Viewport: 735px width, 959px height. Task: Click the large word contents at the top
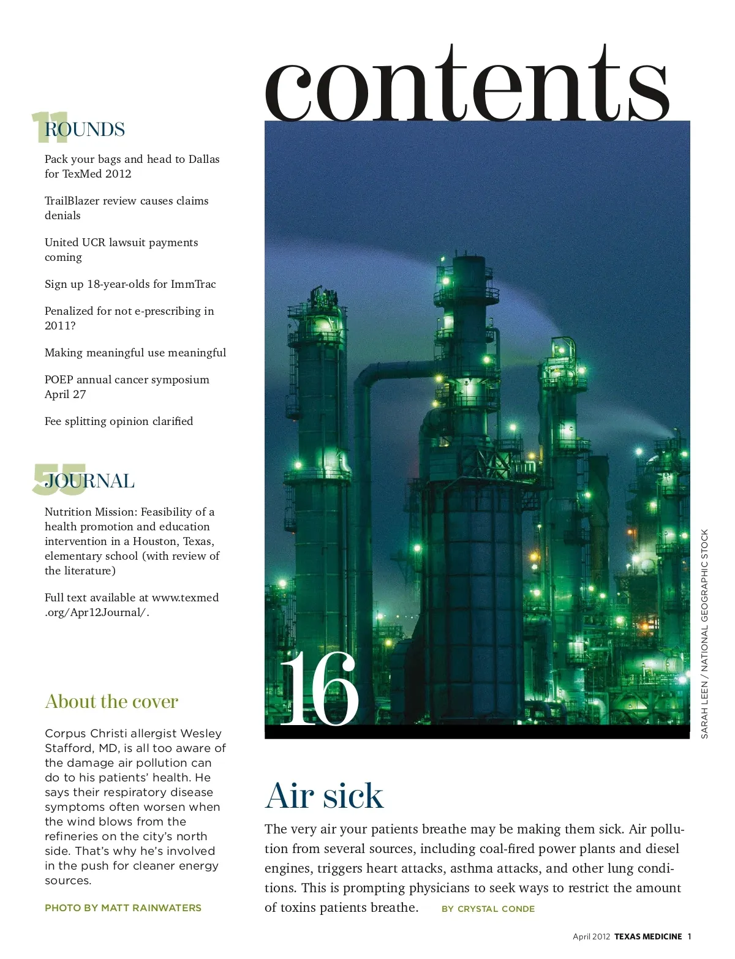click(x=467, y=86)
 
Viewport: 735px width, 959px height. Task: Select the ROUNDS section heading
click(x=85, y=129)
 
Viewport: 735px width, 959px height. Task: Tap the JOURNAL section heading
click(x=89, y=481)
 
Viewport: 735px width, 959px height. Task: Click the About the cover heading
click(x=111, y=701)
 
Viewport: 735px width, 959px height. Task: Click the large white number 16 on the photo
click(x=318, y=689)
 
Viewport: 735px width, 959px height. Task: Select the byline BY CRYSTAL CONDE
click(x=488, y=909)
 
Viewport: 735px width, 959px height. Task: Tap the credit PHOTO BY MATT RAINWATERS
click(x=123, y=908)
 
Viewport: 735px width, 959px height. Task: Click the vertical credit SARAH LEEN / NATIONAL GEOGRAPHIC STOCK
click(x=704, y=634)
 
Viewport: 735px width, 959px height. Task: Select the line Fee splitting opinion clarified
click(x=119, y=421)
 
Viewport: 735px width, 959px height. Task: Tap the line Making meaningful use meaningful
click(x=135, y=353)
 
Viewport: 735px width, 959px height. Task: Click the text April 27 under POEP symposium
click(x=65, y=394)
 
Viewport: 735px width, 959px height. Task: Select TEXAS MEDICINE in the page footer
click(x=648, y=936)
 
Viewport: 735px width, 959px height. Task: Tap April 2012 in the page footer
click(x=591, y=936)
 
